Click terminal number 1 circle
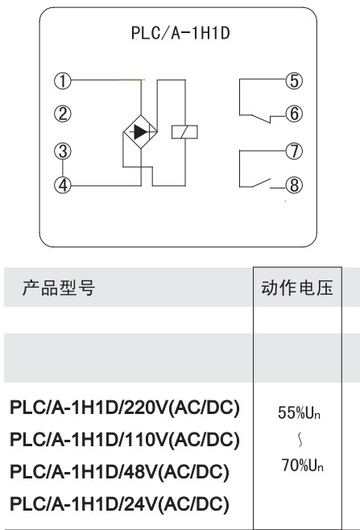click(x=63, y=81)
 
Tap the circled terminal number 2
click(x=63, y=114)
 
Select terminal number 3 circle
click(x=63, y=151)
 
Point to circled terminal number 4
click(x=63, y=185)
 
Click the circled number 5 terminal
click(x=294, y=81)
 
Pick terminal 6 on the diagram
click(x=294, y=114)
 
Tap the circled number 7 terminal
click(x=294, y=151)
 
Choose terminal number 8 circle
click(x=294, y=185)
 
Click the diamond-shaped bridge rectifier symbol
click(x=141, y=132)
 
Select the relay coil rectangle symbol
click(x=184, y=132)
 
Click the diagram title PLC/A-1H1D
click(x=180, y=33)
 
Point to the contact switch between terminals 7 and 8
click(x=261, y=183)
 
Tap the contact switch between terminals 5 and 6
click(x=261, y=119)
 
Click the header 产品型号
click(x=59, y=288)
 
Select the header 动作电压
click(x=297, y=288)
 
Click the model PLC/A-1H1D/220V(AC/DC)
click(x=125, y=408)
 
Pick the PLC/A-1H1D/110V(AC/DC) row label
click(x=125, y=440)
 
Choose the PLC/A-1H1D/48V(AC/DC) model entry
click(x=119, y=472)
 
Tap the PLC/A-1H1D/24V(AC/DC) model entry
click(x=119, y=504)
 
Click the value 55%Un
click(x=299, y=412)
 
